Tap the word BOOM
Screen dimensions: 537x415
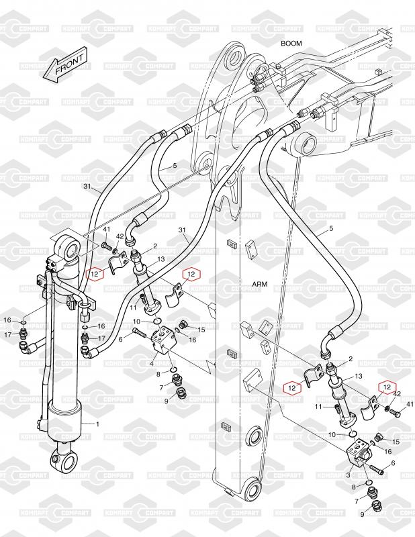point(291,44)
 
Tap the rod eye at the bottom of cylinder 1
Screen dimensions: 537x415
point(62,461)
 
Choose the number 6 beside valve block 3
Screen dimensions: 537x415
point(393,464)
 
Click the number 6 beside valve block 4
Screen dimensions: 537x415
point(121,339)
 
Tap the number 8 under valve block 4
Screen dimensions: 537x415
point(158,373)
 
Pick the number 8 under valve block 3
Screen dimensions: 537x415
point(355,485)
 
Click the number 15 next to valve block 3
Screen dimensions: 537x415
point(396,441)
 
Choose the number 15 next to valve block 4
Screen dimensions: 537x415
point(201,328)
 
